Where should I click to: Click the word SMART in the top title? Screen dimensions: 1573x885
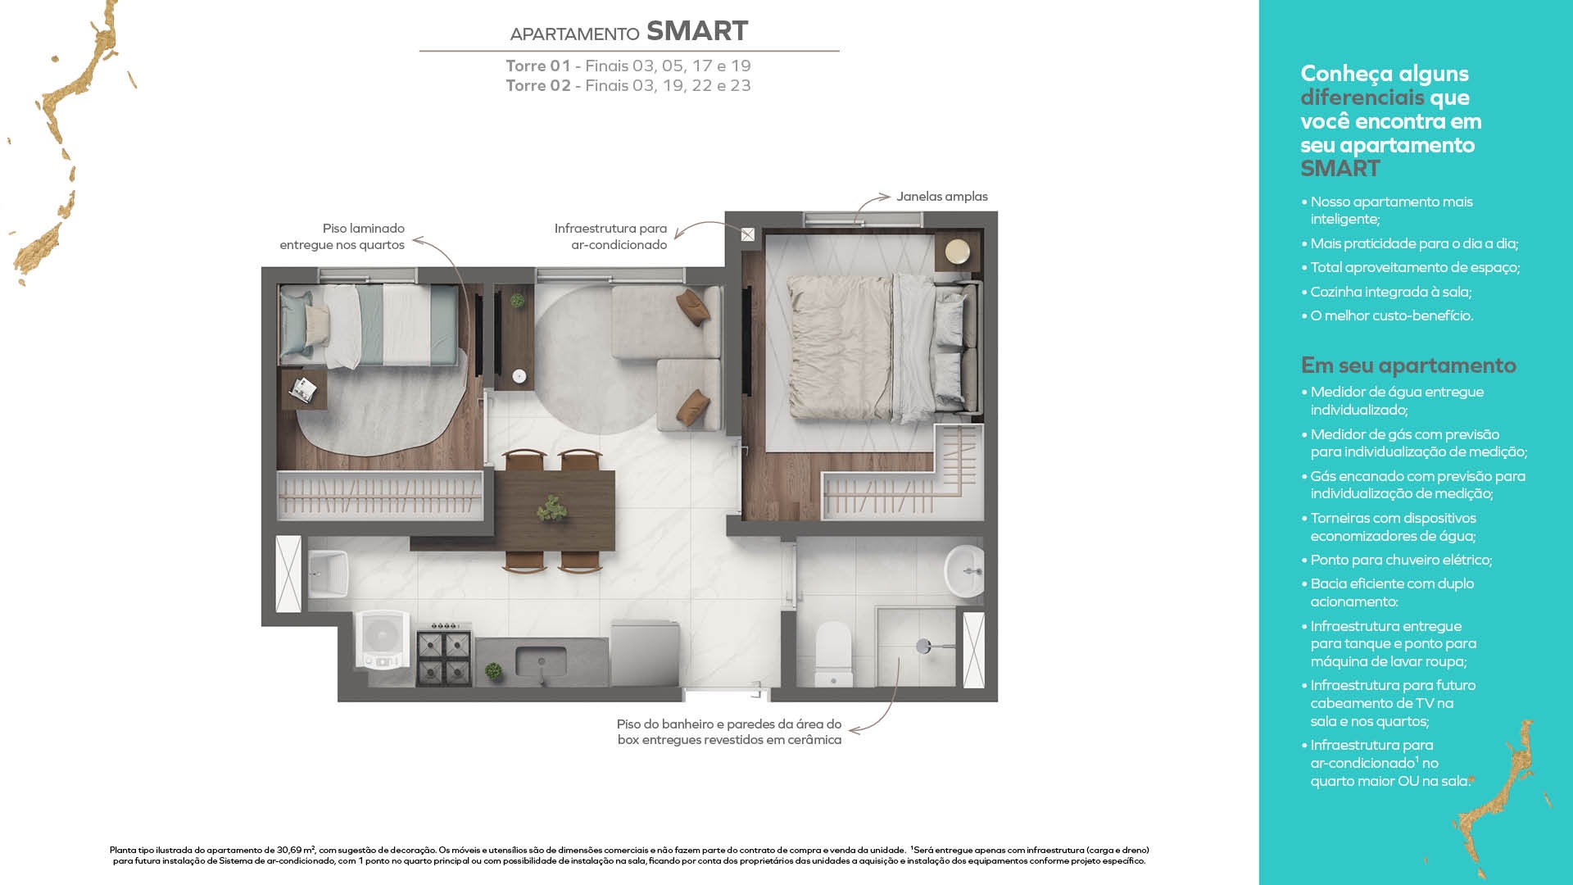click(x=697, y=31)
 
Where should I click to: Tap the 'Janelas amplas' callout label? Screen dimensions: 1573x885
click(x=941, y=197)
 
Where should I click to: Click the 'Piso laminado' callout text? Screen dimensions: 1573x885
click(x=363, y=229)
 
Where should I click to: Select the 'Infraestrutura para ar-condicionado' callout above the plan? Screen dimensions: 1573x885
click(x=610, y=237)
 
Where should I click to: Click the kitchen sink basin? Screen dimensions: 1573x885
click(x=541, y=661)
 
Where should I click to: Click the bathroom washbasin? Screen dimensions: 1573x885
click(x=965, y=571)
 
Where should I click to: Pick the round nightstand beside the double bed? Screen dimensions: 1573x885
click(x=957, y=252)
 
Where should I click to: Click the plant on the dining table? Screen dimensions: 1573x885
click(x=551, y=509)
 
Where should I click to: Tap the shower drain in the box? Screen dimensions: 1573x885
click(x=923, y=646)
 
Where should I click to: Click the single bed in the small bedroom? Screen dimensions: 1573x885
click(x=369, y=324)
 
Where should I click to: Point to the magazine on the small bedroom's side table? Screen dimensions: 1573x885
click(x=303, y=390)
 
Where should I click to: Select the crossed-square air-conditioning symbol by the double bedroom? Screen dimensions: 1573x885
click(x=748, y=235)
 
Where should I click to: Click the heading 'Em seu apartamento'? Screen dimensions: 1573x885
click(x=1408, y=365)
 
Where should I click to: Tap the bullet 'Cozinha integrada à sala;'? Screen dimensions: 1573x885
click(x=1391, y=292)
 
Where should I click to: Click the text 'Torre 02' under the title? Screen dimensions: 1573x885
click(x=537, y=86)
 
